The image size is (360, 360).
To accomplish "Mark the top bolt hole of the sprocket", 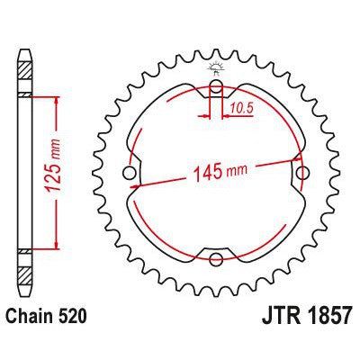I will click(x=216, y=87).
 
